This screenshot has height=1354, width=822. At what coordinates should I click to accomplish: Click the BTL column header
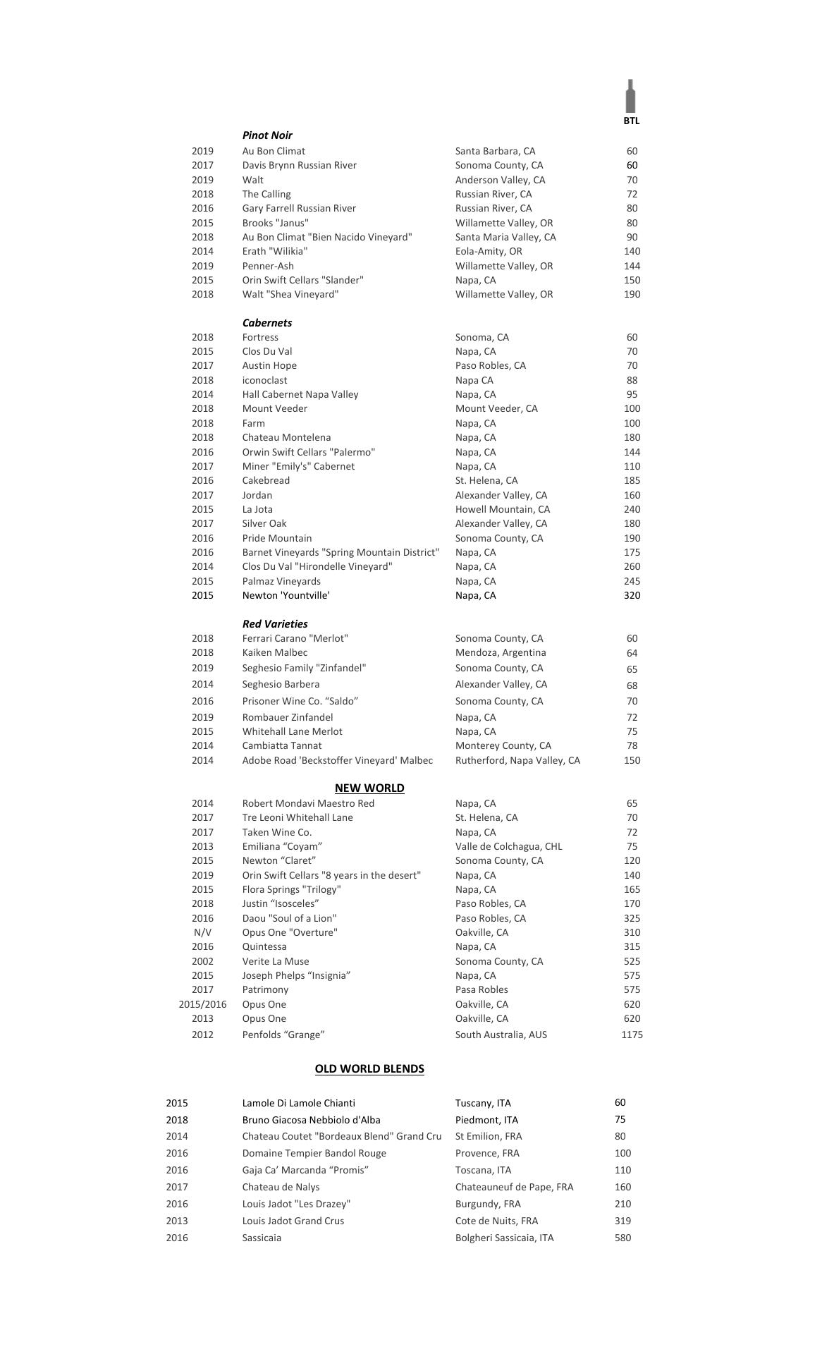pos(631,121)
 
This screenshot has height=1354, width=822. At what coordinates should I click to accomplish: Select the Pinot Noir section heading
pos(267,135)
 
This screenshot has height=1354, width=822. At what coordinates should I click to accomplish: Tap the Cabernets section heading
pos(267,323)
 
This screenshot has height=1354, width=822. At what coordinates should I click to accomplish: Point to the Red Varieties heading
pos(275,624)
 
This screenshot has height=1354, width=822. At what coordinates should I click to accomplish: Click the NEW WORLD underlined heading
pos(369,788)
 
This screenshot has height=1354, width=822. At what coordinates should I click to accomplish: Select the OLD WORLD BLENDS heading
pos(369,1068)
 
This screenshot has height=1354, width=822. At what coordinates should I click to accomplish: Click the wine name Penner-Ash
pos(268,266)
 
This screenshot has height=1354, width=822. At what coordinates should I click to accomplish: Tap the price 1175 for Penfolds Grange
pos(632,1035)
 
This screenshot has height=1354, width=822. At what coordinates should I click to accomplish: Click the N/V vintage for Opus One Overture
pos(202,932)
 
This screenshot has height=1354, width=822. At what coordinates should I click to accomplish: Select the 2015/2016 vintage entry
pos(202,1004)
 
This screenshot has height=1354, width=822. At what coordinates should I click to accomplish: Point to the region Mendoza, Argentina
pos(501,652)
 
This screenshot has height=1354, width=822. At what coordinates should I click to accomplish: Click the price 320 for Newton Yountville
pos(632,595)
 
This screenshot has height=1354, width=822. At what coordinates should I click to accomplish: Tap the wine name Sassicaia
pos(262,1238)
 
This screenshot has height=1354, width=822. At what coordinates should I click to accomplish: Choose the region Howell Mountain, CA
pos(503,509)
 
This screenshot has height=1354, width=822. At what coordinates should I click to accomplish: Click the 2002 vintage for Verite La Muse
pos(202,961)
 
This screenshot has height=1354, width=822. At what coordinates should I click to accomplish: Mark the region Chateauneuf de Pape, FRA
pos(514,1187)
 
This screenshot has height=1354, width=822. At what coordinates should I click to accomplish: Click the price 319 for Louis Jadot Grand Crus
pos(622,1221)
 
